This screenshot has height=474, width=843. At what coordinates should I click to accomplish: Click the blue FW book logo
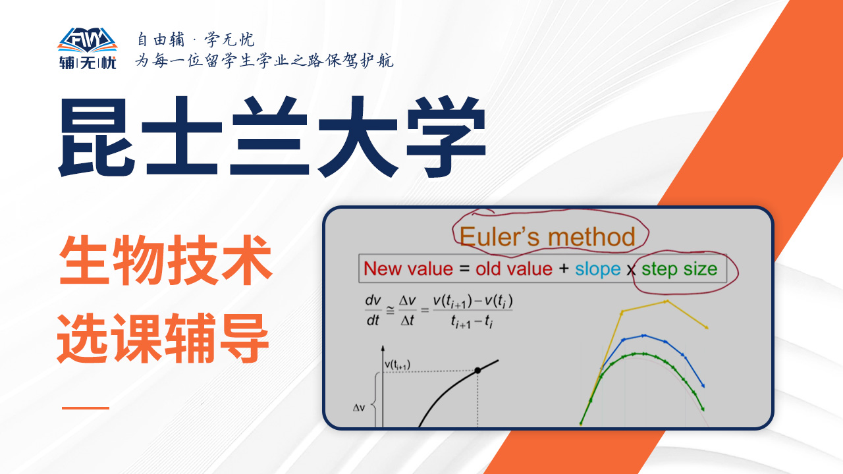coord(88,40)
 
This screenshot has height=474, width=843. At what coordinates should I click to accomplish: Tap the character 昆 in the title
coord(97,136)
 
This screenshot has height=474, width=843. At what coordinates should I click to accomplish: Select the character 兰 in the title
coord(269,136)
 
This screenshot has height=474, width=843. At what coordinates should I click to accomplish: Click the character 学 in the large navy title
coord(446,136)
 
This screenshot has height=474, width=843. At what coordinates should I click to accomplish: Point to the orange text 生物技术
coord(165,260)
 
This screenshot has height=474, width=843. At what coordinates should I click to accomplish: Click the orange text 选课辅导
coord(163,338)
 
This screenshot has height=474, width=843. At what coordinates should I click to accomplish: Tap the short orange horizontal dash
coord(86,408)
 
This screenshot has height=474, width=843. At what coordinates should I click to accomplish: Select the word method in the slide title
coord(591,237)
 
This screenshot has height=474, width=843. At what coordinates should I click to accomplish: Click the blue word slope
coord(597,270)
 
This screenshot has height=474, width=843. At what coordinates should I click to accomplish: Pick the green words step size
coord(679,270)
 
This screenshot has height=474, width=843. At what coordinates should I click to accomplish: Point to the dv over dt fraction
coord(373,310)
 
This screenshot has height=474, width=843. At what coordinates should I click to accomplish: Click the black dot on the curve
coord(477,371)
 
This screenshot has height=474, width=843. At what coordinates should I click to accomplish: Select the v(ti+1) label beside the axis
coord(397,365)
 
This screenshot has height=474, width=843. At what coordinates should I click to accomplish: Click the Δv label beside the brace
coord(359,408)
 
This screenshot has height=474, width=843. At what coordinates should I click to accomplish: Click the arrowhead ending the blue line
coord(703,386)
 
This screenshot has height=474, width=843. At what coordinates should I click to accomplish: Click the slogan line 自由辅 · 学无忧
coord(196,39)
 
